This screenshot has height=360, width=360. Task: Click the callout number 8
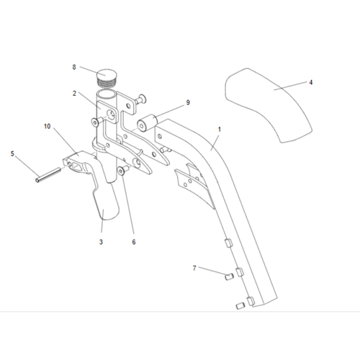(x=74, y=67)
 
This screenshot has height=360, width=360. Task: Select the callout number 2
(x=74, y=94)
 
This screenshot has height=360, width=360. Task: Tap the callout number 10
(x=48, y=126)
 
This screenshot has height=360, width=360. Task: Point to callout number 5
(x=12, y=153)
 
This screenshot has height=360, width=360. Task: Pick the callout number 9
(x=188, y=103)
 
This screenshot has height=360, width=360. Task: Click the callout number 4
(x=311, y=83)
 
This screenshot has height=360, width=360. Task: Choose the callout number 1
(x=219, y=130)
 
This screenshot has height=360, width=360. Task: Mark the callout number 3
(x=101, y=242)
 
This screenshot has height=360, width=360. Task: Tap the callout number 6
(x=134, y=242)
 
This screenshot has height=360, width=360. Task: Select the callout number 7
(x=194, y=268)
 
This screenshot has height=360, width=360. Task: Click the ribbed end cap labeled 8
(x=106, y=77)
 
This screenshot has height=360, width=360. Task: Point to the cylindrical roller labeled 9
(x=147, y=123)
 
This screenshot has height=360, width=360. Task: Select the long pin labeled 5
(x=48, y=175)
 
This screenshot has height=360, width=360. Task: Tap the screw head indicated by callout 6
(x=121, y=171)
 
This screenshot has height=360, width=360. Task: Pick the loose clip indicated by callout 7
(x=229, y=276)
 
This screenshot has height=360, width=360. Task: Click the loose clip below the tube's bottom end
(x=240, y=306)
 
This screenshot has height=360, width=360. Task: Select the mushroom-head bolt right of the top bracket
(x=141, y=99)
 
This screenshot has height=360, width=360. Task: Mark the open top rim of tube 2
(x=106, y=94)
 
